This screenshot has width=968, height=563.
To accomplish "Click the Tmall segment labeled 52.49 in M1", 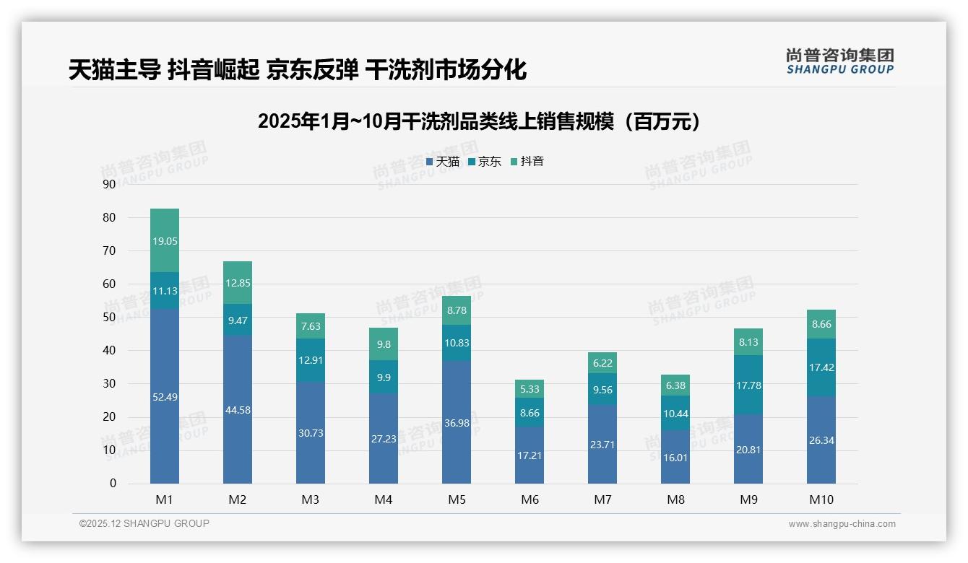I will click(165, 396).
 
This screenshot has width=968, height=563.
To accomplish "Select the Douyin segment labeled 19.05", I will click(165, 240).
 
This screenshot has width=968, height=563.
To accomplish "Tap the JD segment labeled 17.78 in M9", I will click(748, 385).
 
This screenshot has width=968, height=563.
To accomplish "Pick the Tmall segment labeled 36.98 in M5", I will click(457, 422).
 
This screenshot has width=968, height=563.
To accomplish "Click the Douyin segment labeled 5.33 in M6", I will click(530, 389).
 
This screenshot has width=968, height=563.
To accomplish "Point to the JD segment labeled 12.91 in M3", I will click(311, 360).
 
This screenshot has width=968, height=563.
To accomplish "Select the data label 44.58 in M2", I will click(238, 410).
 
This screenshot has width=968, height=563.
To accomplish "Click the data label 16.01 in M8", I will click(675, 457).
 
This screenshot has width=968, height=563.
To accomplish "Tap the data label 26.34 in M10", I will click(821, 440).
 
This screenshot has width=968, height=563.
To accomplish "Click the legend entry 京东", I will click(485, 162).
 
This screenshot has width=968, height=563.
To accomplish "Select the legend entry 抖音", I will click(527, 162).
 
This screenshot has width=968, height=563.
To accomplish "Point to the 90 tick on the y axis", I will click(109, 185).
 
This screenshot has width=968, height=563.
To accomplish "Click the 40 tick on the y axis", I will click(109, 351).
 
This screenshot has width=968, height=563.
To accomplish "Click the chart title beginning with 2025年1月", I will click(480, 121).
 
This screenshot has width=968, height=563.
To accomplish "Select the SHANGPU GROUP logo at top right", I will click(839, 61).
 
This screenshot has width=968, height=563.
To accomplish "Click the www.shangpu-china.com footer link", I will click(842, 524).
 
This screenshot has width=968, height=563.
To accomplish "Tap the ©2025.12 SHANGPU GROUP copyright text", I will click(144, 524).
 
